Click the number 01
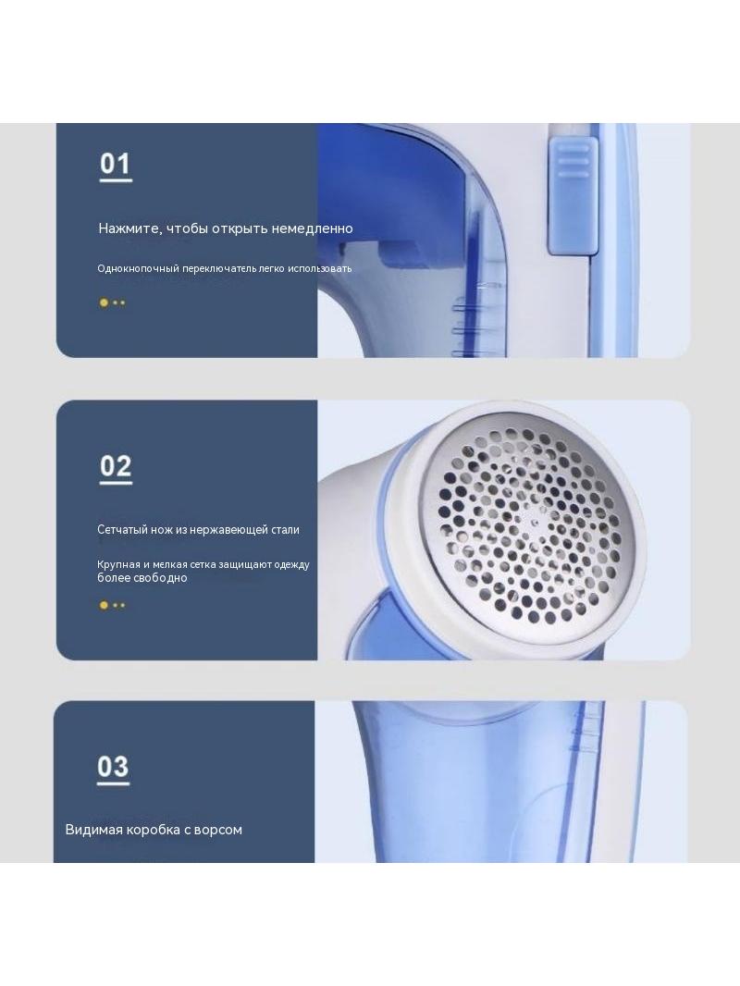(115, 164)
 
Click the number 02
(116, 466)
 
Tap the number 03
(113, 767)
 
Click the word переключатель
(219, 268)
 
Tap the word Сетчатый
(123, 529)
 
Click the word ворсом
(218, 830)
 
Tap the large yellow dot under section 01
(104, 302)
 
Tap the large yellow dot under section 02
(104, 605)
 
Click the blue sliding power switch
(573, 195)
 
